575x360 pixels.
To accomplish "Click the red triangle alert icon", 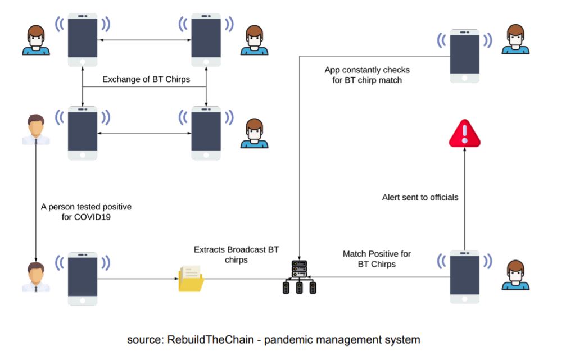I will pos(465,135).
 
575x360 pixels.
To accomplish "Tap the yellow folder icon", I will pos(191,279).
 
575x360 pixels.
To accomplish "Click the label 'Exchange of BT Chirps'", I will pos(146,79).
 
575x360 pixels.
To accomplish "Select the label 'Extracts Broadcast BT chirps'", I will pos(236,254).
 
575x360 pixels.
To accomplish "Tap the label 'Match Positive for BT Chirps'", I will pos(377,259).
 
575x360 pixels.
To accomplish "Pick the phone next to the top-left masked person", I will pos(83,40).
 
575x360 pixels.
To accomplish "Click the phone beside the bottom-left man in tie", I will pos(83,278).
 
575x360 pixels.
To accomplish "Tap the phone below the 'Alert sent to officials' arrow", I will pos(464,277).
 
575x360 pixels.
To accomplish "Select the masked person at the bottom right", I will pos(515,275).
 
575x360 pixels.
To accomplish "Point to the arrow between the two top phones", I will pos(144,40).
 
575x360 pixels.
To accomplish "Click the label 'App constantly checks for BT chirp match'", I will pos(367,75).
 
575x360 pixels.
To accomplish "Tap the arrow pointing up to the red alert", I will pos(465,197).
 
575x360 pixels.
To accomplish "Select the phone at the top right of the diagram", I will pos(464,56).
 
